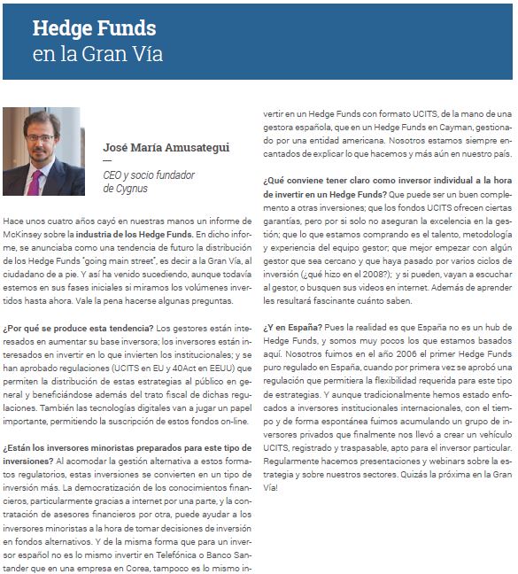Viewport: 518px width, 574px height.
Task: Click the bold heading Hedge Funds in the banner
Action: coord(94,28)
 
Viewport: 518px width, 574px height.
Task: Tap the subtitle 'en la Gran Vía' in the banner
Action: coord(97,54)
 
